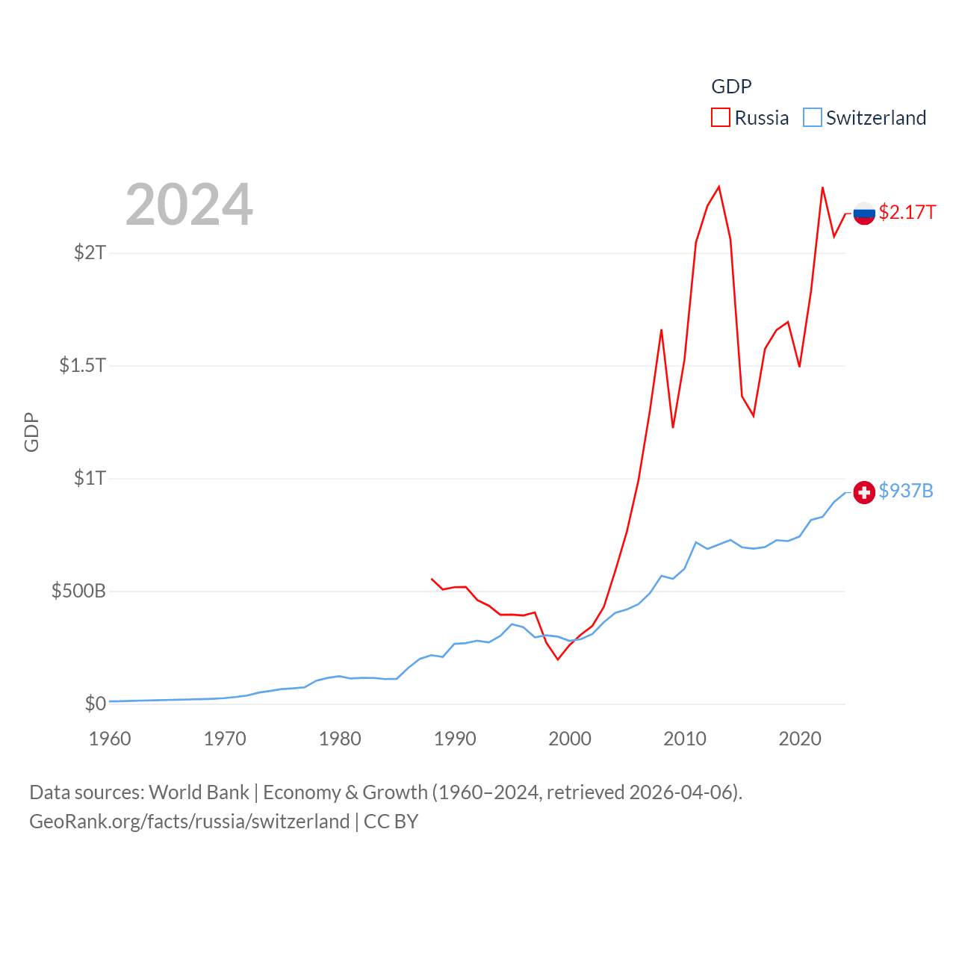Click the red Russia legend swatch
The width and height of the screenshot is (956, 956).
[720, 118]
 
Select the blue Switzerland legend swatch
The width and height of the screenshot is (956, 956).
[812, 118]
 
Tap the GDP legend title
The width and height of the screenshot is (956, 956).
[731, 87]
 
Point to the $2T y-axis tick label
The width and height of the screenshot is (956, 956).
[90, 252]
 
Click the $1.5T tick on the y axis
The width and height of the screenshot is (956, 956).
[82, 365]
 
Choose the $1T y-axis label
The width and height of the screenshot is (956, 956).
[90, 478]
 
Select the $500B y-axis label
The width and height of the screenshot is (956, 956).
[78, 591]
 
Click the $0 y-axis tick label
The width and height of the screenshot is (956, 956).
[95, 704]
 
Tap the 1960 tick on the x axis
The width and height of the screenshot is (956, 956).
[110, 739]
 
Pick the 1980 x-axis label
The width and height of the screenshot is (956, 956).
[340, 739]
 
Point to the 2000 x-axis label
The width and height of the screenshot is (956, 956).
[570, 739]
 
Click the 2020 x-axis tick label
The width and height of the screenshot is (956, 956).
[800, 739]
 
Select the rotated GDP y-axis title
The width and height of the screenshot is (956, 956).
[31, 432]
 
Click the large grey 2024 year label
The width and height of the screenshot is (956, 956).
[189, 205]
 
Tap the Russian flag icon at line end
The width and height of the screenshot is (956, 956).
[864, 214]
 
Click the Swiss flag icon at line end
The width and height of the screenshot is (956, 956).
[864, 492]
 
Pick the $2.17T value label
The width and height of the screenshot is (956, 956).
[907, 212]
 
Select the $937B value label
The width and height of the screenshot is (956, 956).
[906, 491]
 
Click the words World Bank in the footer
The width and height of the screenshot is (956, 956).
[199, 792]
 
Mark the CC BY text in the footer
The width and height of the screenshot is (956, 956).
[391, 822]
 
